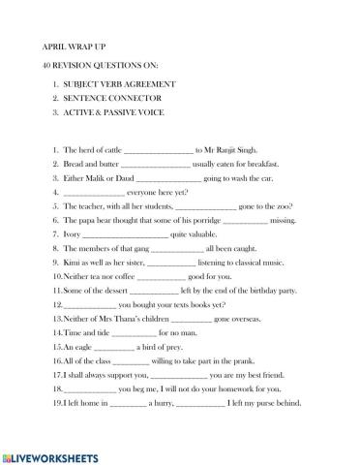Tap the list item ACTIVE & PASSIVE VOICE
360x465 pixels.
tap(114, 112)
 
